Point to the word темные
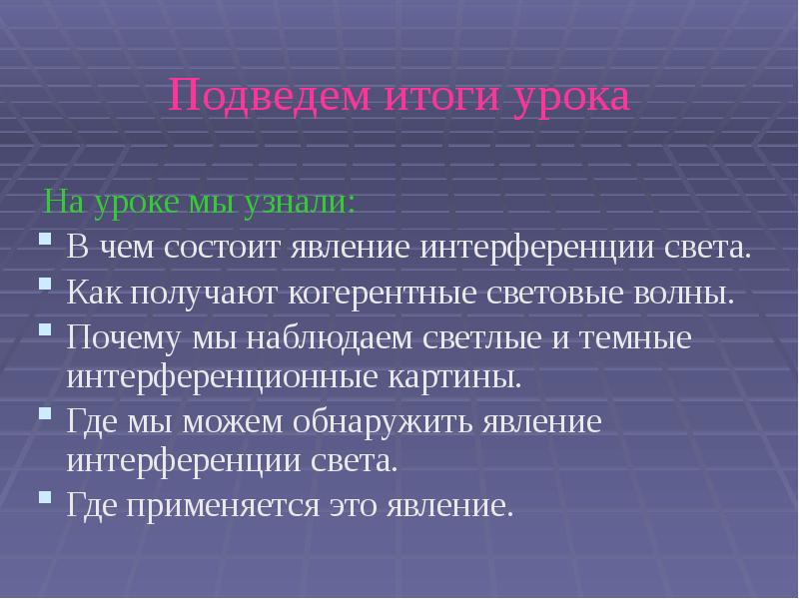point(641,337)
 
